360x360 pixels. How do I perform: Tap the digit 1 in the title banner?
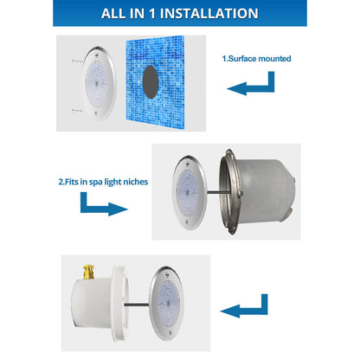point(154,13)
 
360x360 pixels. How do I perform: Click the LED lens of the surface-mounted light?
point(100,84)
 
